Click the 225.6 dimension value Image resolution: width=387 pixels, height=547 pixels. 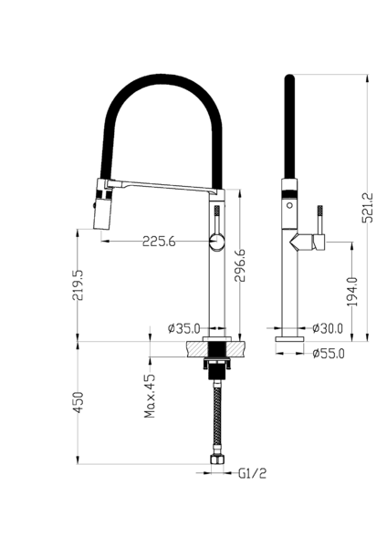(159, 241)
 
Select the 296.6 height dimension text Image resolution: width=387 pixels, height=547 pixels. (240, 265)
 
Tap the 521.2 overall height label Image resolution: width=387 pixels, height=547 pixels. (368, 208)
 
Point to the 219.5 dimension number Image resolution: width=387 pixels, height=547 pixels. (78, 285)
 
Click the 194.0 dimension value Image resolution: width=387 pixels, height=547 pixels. (352, 292)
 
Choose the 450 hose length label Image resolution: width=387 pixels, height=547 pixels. (78, 402)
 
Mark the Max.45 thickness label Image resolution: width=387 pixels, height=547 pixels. (150, 397)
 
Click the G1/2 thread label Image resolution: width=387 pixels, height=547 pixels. (252, 473)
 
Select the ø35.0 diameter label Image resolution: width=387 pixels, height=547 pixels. (183, 328)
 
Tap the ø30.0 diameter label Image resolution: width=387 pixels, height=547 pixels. (328, 328)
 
